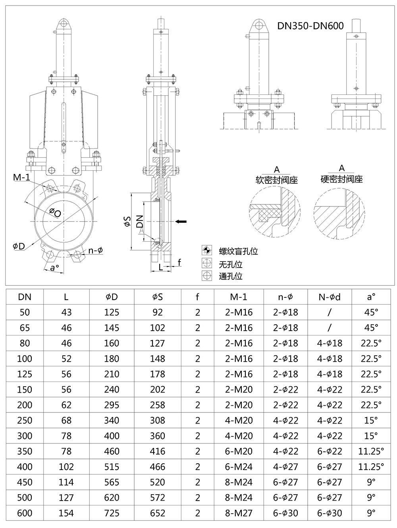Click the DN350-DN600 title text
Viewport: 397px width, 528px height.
tap(310, 26)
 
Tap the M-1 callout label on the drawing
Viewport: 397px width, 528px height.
tap(22, 177)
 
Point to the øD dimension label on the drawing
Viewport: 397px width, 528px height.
tap(19, 246)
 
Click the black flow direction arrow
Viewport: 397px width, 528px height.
tap(181, 221)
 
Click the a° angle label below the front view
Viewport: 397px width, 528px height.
tap(54, 267)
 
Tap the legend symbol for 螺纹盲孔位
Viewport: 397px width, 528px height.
tap(207, 251)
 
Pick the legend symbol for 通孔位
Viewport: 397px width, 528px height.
tap(207, 276)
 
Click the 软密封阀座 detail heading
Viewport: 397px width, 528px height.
tap(277, 180)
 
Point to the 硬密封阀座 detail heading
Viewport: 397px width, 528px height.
tap(341, 179)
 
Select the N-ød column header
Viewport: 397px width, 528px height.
tap(330, 297)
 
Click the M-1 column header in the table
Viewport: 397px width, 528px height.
tap(239, 297)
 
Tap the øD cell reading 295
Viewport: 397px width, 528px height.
tap(112, 405)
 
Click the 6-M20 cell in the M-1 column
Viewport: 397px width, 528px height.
tap(239, 451)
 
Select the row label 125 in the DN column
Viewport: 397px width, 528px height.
tap(25, 374)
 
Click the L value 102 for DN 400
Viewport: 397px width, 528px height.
tap(66, 467)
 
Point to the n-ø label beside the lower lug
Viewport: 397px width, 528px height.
tap(95, 251)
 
